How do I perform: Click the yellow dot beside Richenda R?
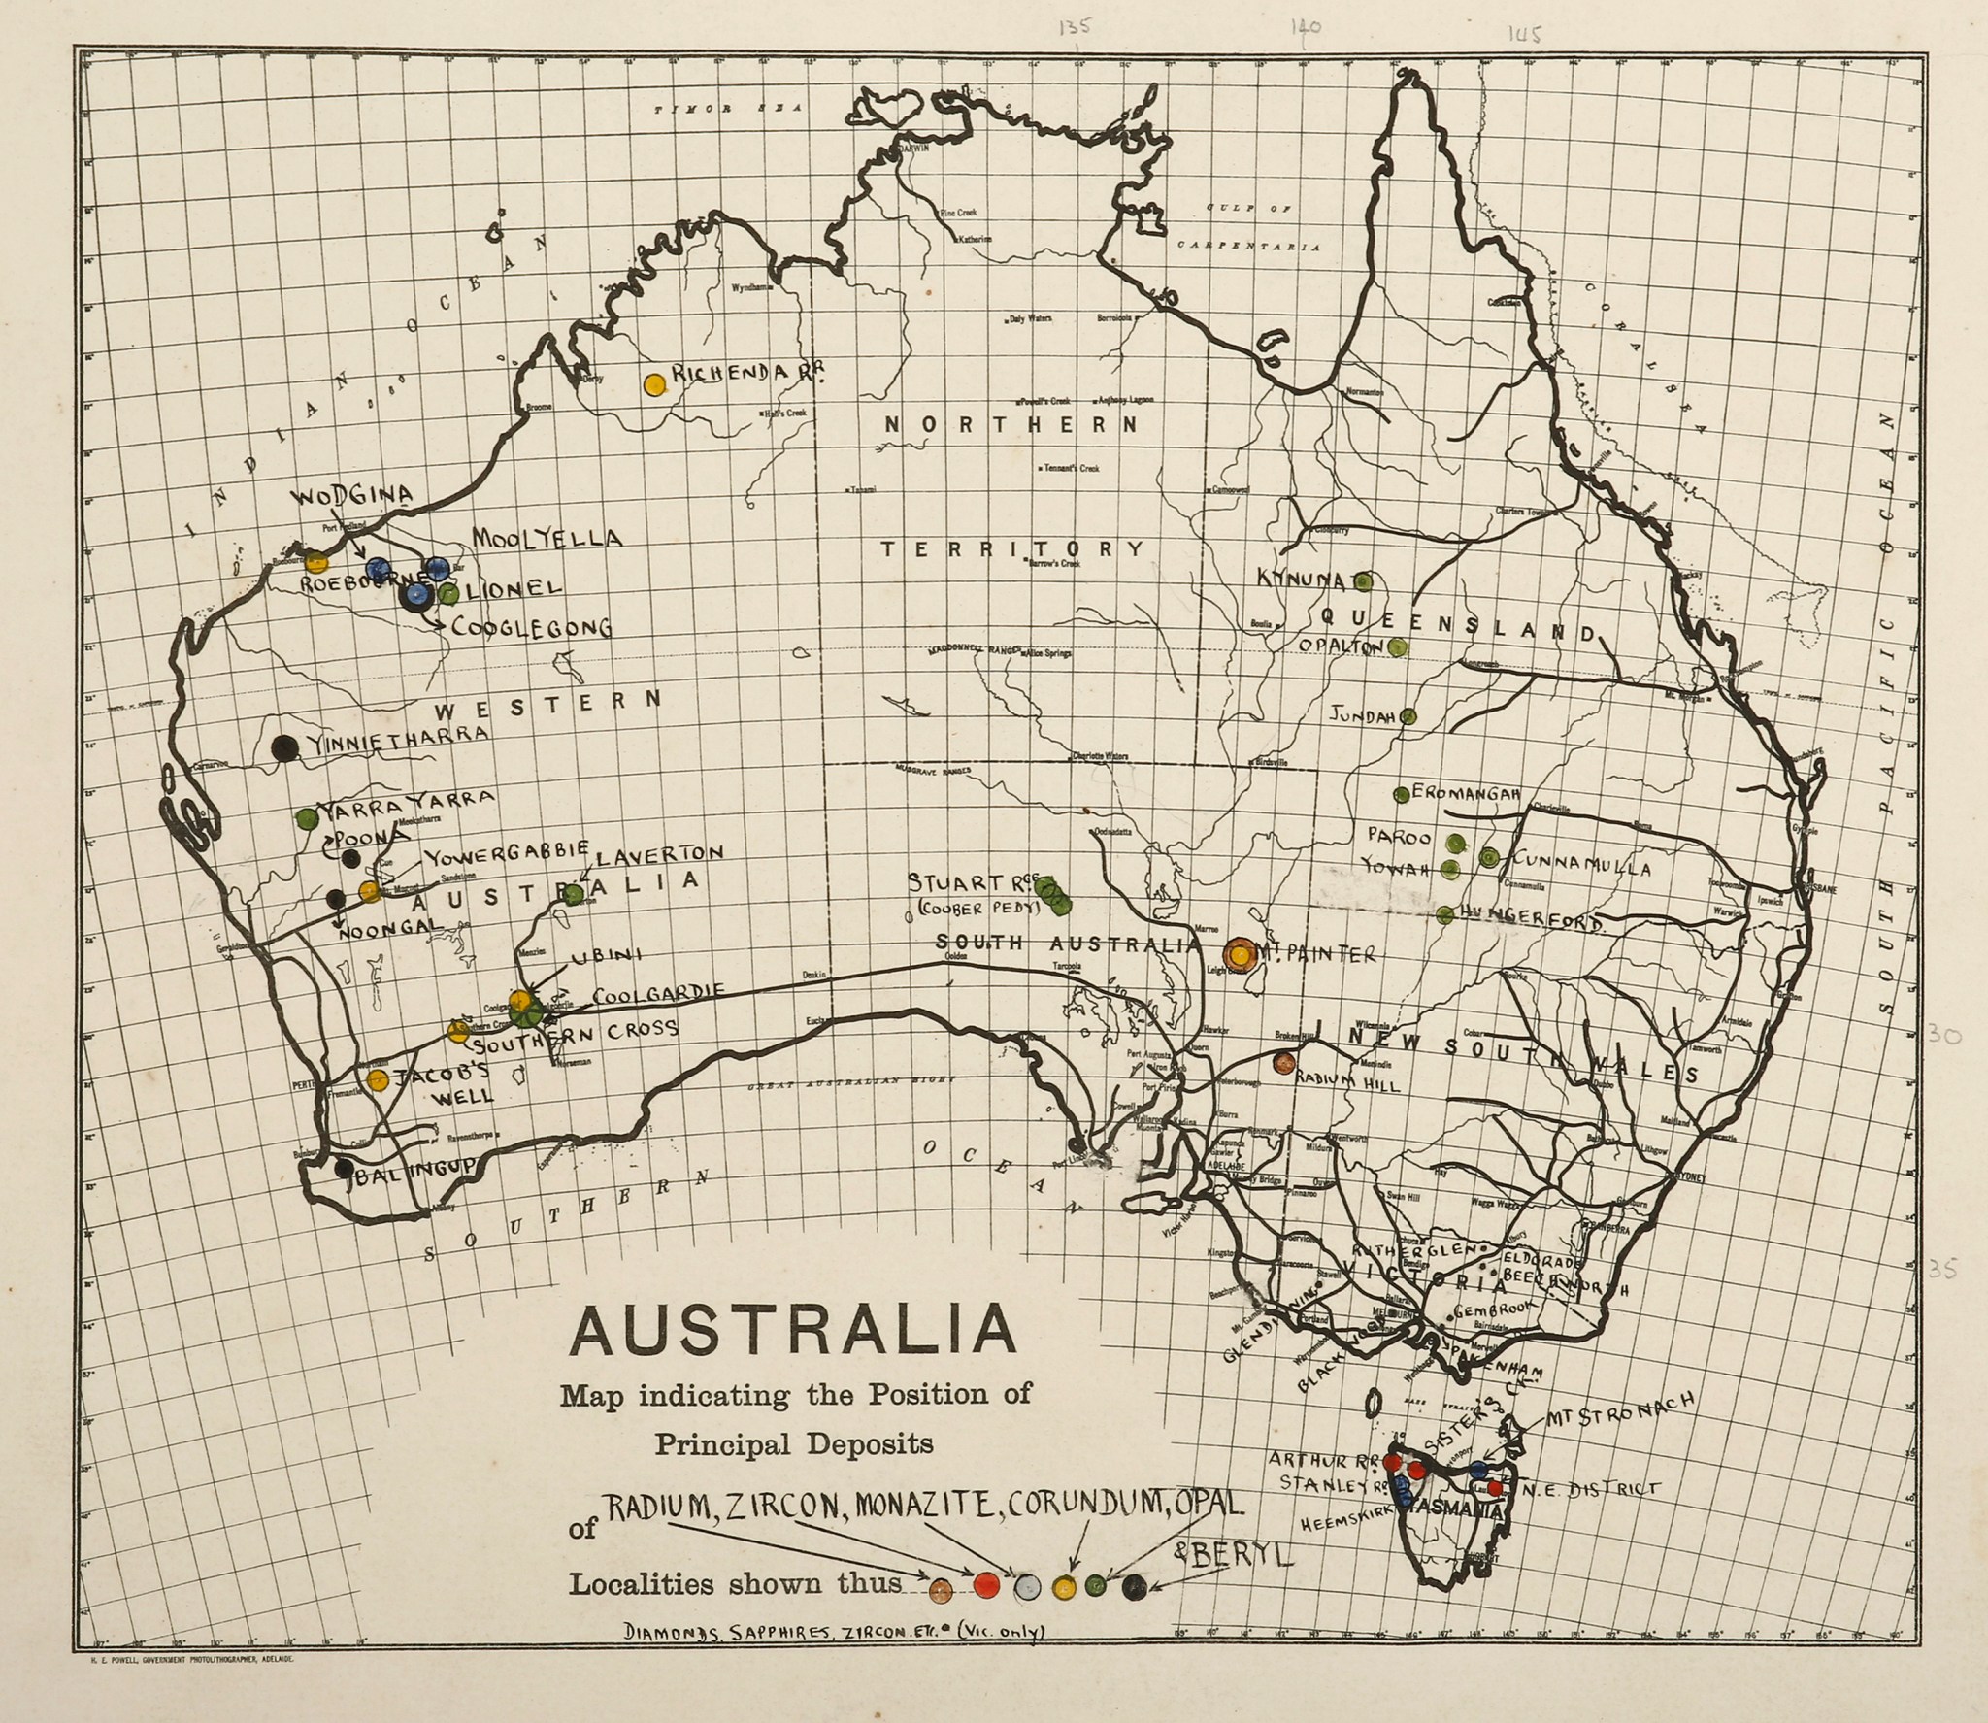(x=654, y=384)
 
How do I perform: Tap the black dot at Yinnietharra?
(x=283, y=747)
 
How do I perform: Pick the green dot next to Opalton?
(x=1397, y=647)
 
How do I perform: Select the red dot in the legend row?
(x=986, y=1583)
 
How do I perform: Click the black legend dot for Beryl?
(x=1134, y=1586)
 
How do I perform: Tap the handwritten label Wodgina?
(x=355, y=496)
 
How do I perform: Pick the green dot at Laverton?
(x=574, y=894)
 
